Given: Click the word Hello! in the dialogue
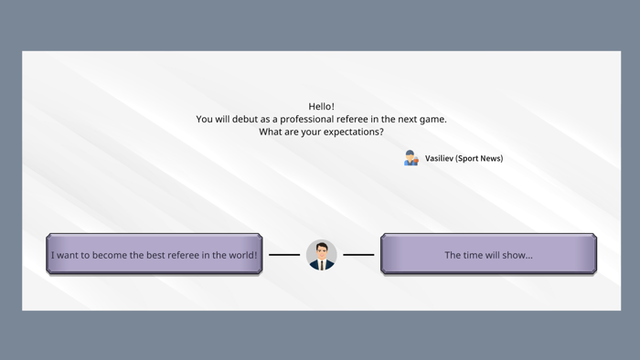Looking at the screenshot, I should pyautogui.click(x=321, y=107).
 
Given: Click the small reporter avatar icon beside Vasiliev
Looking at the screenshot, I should pyautogui.click(x=411, y=158).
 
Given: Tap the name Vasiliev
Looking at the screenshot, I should pyautogui.click(x=439, y=159).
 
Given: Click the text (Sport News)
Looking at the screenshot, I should pyautogui.click(x=479, y=159).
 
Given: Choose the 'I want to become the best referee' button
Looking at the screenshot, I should pyautogui.click(x=155, y=255).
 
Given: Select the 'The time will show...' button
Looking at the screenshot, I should pyautogui.click(x=488, y=255).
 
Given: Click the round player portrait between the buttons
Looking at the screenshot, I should pyautogui.click(x=322, y=255).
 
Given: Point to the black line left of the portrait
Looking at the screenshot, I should pyautogui.click(x=284, y=255).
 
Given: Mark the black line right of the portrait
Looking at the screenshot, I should pyautogui.click(x=358, y=255).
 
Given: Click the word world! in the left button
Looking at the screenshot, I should pyautogui.click(x=241, y=256).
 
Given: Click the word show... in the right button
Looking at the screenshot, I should pyautogui.click(x=517, y=256).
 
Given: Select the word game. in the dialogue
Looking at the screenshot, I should pyautogui.click(x=431, y=120).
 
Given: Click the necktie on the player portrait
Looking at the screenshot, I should pyautogui.click(x=322, y=265).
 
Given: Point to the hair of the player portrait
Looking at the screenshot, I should pyautogui.click(x=322, y=244).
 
